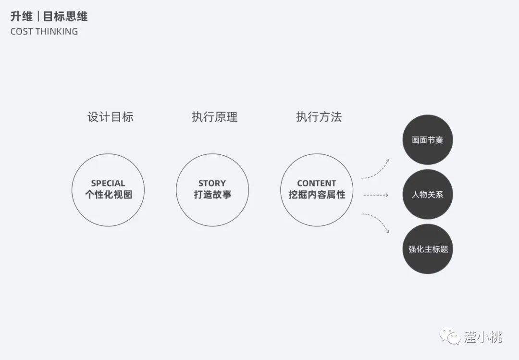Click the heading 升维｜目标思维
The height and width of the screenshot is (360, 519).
(49, 17)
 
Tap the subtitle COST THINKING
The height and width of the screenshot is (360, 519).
(44, 32)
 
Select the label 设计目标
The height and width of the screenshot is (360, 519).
(111, 117)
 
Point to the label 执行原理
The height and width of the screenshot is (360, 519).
(214, 117)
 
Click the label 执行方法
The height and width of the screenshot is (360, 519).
(319, 117)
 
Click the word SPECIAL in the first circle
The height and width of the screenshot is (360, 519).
(108, 183)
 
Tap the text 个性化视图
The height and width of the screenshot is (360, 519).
(108, 195)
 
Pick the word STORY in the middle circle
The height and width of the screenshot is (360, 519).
(212, 183)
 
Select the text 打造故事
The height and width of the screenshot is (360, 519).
(212, 195)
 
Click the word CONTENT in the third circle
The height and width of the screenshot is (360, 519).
(316, 183)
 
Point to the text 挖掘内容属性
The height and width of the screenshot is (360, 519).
(316, 195)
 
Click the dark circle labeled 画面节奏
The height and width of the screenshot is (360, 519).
(427, 140)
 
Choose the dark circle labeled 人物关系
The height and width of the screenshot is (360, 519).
(427, 195)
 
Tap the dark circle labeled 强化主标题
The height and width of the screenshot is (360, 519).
(427, 249)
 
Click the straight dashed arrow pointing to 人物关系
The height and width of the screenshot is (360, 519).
(375, 195)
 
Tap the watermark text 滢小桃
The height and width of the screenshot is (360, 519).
(482, 336)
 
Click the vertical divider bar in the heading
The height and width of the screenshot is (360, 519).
(38, 17)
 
